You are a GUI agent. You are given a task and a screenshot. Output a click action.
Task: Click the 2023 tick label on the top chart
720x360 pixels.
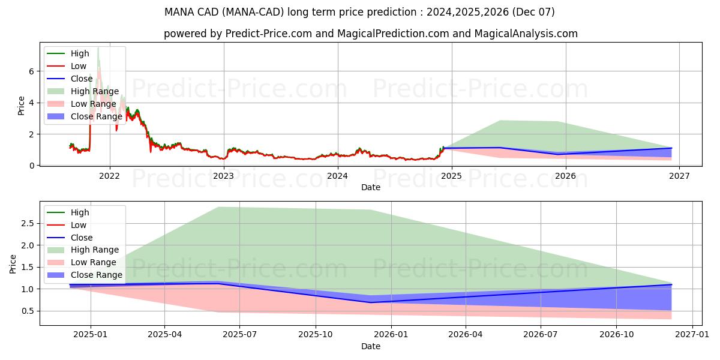223,176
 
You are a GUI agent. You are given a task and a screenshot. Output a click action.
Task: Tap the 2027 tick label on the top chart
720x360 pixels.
679,176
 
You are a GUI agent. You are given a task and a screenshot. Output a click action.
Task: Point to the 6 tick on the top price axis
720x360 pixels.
31,71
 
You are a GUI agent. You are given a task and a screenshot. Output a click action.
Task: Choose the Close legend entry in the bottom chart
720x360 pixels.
82,238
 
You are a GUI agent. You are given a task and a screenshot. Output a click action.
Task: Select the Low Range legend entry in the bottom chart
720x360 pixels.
94,262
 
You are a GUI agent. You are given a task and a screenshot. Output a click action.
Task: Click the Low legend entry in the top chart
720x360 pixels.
79,66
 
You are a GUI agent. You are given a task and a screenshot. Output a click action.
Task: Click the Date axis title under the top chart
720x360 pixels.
370,187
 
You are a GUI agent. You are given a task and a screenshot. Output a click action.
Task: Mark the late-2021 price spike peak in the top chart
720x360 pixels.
98,47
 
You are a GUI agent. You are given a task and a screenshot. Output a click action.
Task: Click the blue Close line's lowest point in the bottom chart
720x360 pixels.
370,302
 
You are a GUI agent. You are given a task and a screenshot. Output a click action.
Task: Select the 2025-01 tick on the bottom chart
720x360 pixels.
91,335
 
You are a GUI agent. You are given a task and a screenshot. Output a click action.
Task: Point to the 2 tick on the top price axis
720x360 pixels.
31,134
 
